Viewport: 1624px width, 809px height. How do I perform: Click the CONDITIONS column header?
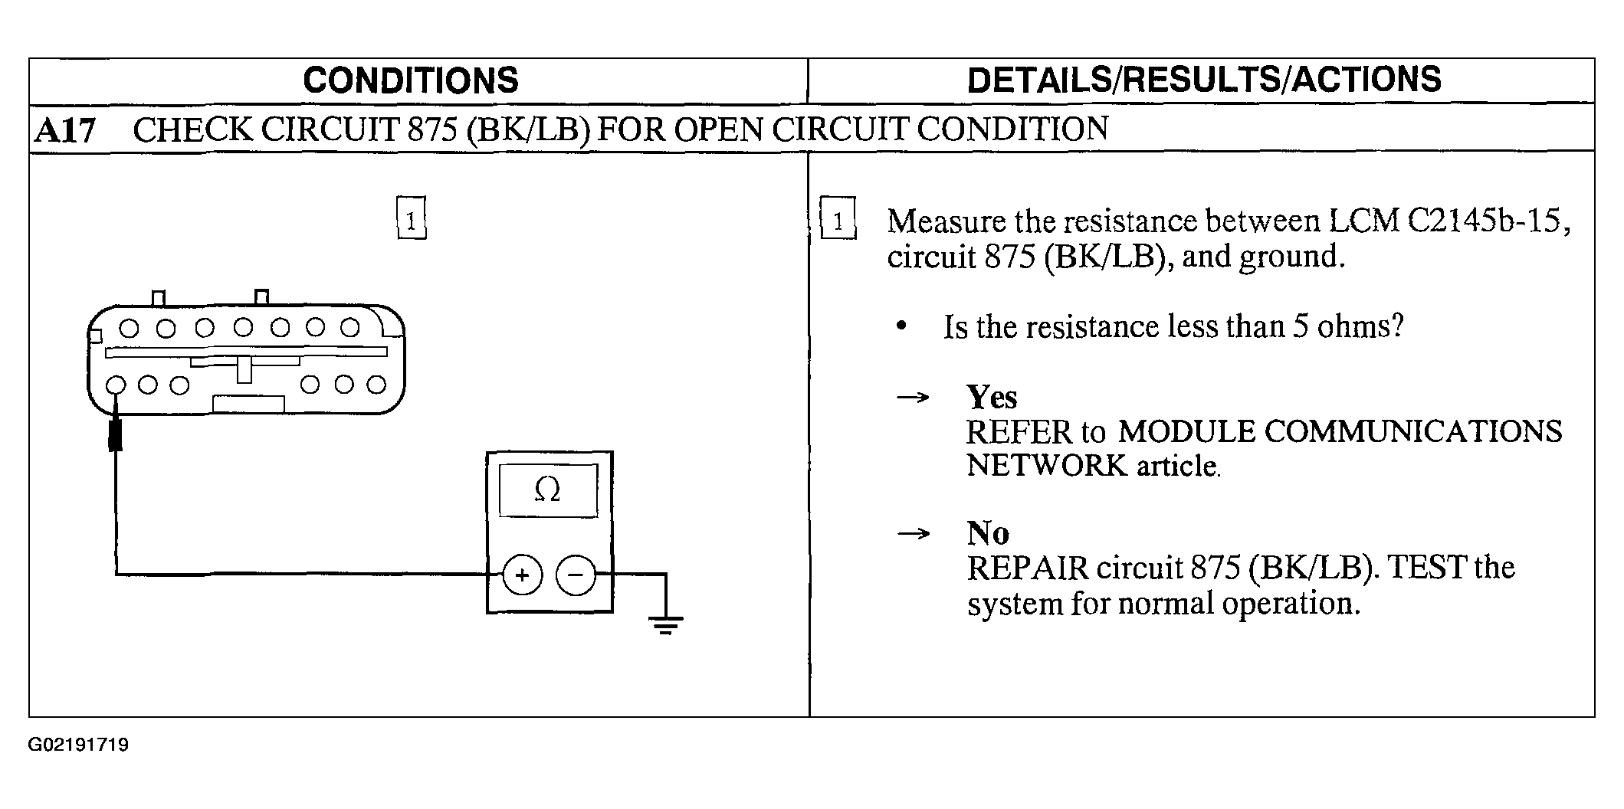411,80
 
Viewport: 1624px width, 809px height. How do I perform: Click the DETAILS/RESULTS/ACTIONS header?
1204,80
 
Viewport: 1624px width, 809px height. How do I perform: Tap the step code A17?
65,131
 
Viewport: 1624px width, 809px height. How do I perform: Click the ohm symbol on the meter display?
547,489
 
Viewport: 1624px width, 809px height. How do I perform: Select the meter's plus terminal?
522,575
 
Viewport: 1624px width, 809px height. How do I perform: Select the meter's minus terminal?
576,575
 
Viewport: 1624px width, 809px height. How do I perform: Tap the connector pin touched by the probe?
116,385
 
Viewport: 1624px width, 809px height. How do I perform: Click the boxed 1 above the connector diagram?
411,219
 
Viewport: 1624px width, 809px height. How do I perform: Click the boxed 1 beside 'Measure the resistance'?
838,219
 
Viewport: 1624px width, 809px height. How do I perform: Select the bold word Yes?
992,398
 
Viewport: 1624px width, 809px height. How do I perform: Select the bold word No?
988,533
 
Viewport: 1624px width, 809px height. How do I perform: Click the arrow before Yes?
913,398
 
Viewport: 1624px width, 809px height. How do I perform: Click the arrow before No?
913,534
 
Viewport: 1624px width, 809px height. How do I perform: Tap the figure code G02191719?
79,745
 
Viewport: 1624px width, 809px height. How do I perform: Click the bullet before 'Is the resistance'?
901,327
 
